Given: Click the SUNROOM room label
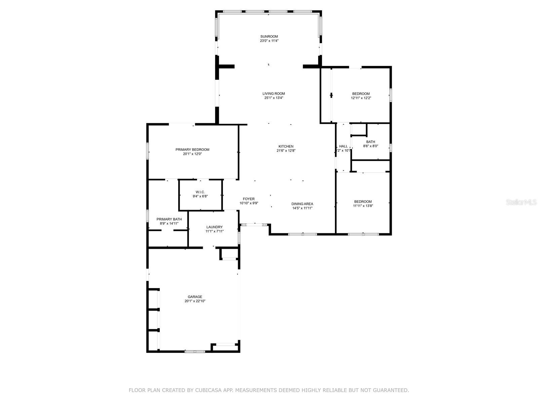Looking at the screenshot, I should coord(269,36).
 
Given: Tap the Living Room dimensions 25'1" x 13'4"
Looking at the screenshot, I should coord(274,98).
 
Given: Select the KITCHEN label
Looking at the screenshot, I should coord(286,146).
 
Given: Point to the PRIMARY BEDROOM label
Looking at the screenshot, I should coord(192,149).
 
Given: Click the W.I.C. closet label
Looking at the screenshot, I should coord(200,192).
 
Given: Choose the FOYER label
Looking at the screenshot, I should coord(249,199).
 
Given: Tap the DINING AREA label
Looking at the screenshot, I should coord(302,204).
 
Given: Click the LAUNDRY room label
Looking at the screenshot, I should coord(215,227).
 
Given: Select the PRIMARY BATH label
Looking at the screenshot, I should coord(169,219).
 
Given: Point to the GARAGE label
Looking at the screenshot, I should coord(195,297).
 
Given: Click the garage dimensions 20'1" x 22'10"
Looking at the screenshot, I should coord(195,301).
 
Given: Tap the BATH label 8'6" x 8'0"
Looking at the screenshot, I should coord(371,142).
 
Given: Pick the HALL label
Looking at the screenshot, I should coord(343,146).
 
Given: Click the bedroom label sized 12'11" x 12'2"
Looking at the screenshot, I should coord(361,94).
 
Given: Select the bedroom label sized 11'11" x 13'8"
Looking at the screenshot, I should coord(363,201).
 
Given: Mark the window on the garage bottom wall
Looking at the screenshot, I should coord(195,351).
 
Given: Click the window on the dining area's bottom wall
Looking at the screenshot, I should coord(303,234).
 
